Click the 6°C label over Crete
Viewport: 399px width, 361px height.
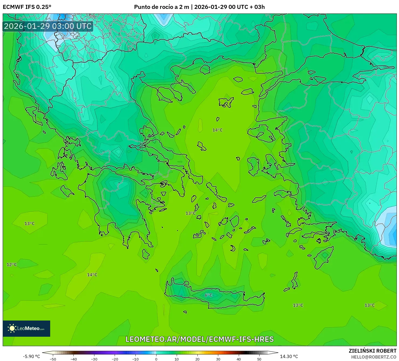point(208,295)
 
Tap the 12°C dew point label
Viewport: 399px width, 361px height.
point(12,265)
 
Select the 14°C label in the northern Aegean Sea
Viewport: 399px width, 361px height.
point(217,130)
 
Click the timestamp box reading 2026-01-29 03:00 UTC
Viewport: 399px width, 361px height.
point(48,26)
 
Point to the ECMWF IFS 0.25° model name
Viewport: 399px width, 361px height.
point(27,7)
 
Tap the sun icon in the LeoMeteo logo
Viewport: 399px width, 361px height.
point(12,328)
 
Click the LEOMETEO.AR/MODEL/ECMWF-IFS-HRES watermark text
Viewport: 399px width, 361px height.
point(200,339)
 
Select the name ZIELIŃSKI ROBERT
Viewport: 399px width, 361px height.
point(372,351)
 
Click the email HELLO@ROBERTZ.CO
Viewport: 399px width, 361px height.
point(374,357)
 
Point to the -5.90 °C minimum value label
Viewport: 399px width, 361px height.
point(31,356)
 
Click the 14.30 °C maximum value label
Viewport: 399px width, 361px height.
point(289,356)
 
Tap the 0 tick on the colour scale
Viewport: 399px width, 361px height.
point(156,359)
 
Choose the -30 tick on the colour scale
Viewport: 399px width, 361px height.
point(94,359)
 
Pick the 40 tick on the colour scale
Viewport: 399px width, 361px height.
point(239,359)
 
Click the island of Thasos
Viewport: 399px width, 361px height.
point(205,69)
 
